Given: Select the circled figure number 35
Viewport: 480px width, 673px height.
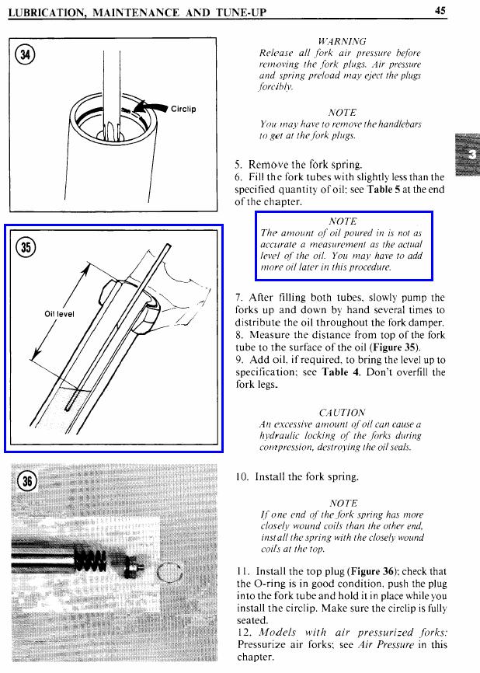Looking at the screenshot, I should tap(28, 247).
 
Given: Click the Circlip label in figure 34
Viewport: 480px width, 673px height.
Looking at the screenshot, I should tap(183, 109).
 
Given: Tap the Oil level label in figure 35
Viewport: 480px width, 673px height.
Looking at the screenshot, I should tap(59, 314).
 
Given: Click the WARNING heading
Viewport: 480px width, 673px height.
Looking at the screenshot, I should tap(343, 40).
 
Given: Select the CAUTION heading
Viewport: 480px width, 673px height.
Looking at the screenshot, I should tap(342, 412).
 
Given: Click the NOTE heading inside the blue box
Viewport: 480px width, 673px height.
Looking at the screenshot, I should tap(343, 221).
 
